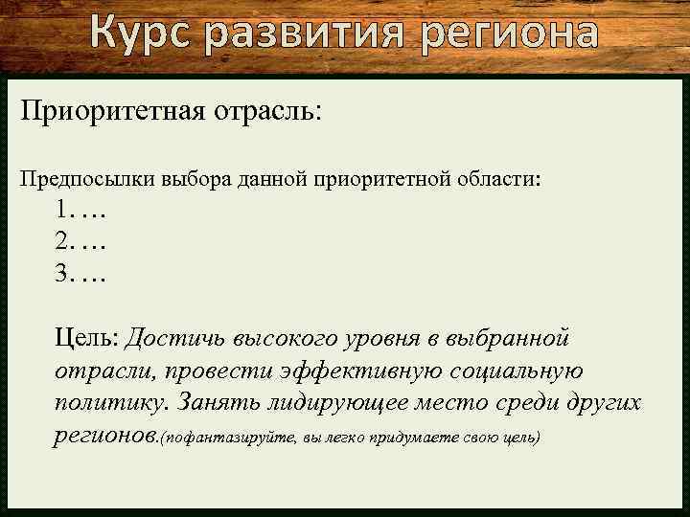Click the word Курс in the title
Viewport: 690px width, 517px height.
(x=143, y=33)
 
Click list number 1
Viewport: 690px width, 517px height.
(x=63, y=210)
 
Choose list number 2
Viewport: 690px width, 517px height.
(x=63, y=242)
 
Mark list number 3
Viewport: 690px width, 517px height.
(x=63, y=275)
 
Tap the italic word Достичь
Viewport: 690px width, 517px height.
(x=172, y=338)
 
